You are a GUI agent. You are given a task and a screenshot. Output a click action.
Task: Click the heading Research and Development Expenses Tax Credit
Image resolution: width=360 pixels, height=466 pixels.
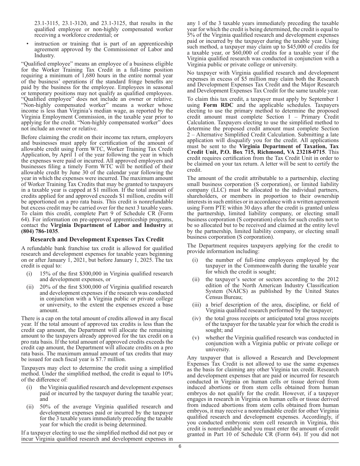(x=97, y=239)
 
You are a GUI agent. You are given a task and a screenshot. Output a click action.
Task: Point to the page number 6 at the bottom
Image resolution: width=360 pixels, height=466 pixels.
(x=180, y=446)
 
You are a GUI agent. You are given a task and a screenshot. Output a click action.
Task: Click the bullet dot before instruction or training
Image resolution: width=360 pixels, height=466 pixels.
(x=28, y=44)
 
